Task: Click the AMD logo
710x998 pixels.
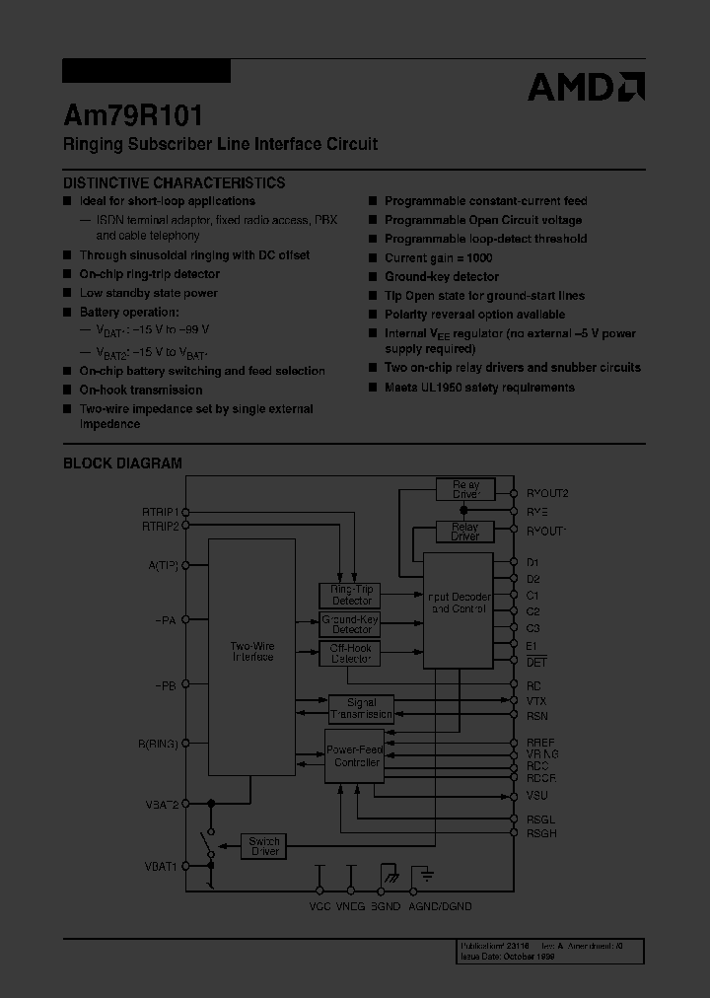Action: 586,87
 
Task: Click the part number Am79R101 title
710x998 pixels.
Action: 133,115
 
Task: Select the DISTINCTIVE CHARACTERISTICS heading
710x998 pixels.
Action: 175,182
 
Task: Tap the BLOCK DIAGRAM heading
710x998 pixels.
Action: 122,463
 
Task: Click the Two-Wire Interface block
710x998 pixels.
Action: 251,651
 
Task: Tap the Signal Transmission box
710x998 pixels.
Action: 361,708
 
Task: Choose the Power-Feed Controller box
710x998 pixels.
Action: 354,756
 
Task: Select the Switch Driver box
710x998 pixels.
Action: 264,845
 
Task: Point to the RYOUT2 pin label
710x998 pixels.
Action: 547,493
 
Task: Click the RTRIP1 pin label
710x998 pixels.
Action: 160,512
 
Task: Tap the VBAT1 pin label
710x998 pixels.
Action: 161,866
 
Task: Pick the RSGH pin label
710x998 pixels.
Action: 541,833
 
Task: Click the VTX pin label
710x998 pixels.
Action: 536,700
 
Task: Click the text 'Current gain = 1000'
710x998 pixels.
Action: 438,257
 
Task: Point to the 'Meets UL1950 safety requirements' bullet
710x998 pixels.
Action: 478,387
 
